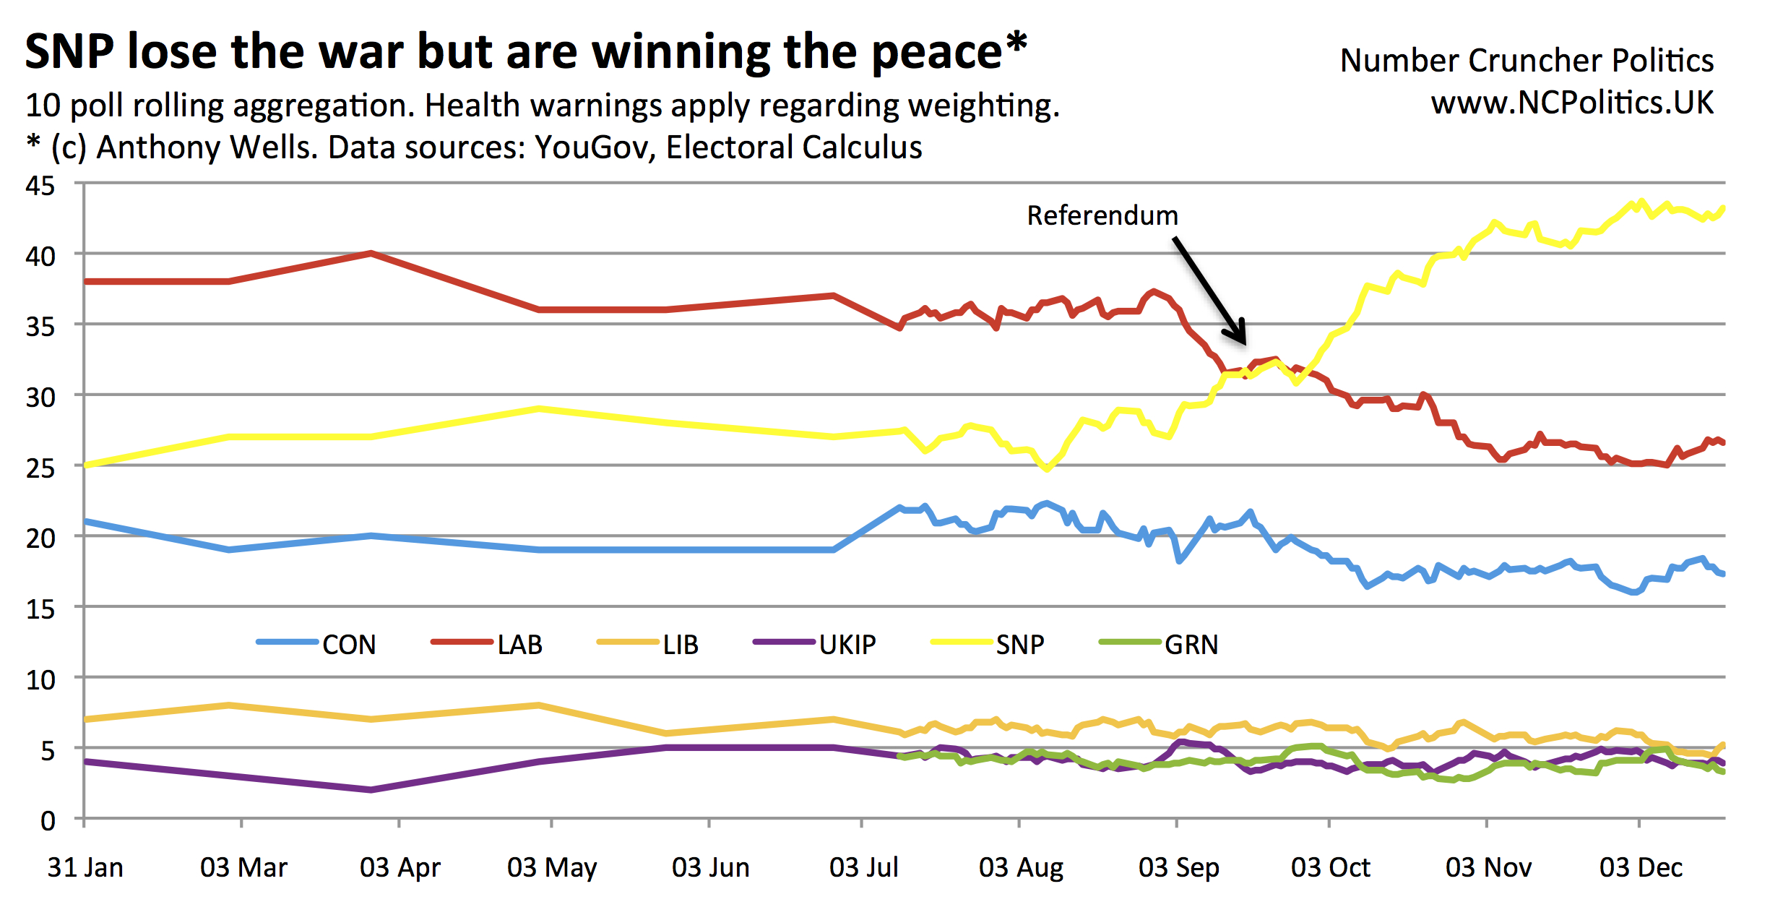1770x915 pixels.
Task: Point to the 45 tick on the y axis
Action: [40, 186]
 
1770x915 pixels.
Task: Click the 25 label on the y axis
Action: [40, 468]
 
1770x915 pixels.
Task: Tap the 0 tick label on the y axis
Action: [48, 821]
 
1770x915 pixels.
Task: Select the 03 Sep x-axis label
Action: [1178, 867]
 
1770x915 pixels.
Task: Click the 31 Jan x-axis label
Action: [85, 867]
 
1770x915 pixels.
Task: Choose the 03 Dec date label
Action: [1641, 867]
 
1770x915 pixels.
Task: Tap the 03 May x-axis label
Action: [552, 867]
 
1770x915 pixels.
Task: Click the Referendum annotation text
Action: [1102, 215]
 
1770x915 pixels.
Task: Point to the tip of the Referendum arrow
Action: [1244, 343]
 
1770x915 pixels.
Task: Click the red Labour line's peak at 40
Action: [371, 254]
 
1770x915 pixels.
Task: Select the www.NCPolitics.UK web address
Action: [1572, 103]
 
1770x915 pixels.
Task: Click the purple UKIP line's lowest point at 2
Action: [371, 790]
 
